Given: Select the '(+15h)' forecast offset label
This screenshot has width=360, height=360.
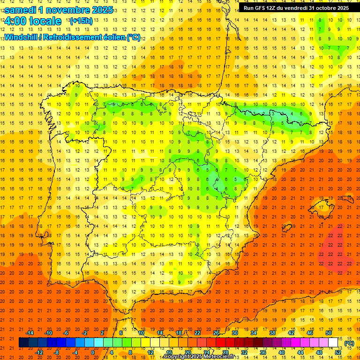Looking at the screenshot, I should point(81,21).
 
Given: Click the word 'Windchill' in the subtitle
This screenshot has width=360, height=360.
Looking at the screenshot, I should point(20,37).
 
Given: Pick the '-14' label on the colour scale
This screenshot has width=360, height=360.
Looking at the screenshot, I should point(30,333).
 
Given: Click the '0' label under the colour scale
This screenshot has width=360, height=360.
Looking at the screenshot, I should point(93,352).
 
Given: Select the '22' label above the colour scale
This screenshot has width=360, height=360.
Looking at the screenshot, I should point(197,333).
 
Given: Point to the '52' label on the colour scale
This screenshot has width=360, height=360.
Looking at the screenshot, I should point(338,352).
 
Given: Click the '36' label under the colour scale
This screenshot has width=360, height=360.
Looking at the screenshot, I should point(263,352).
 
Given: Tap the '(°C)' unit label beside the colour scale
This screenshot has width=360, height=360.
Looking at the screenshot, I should point(349,343).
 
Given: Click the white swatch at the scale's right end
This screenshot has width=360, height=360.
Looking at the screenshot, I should point(333,343).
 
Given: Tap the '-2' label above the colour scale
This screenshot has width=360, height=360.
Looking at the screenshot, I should point(85,333).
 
